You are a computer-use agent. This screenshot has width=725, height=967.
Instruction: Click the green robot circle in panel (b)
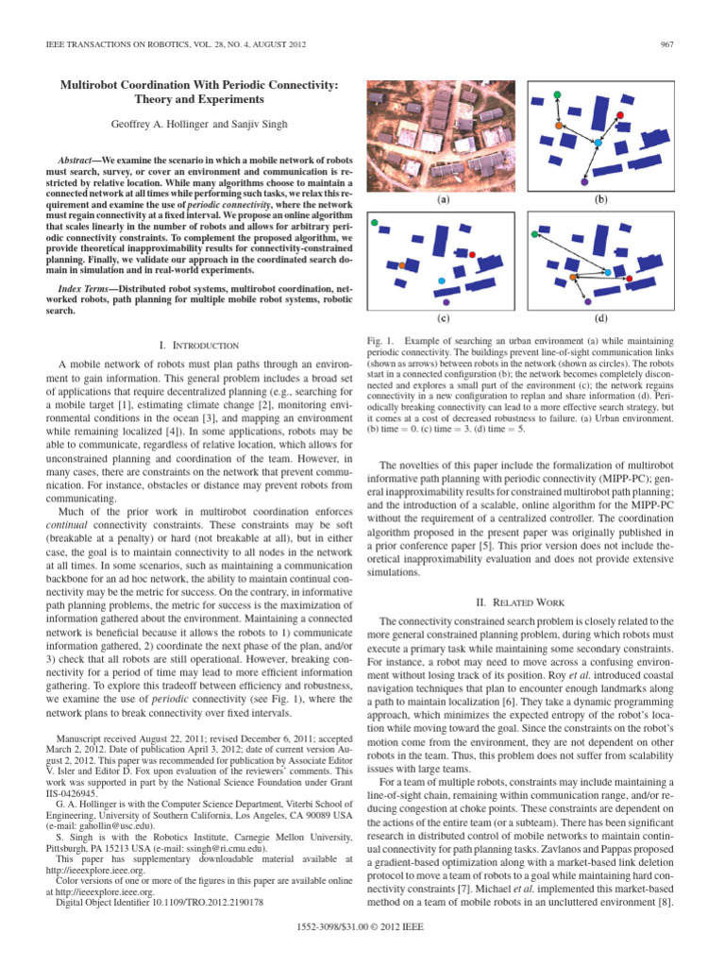557,95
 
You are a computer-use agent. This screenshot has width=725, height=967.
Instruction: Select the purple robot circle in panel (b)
584,176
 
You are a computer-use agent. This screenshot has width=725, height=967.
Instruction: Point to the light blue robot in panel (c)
442,280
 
